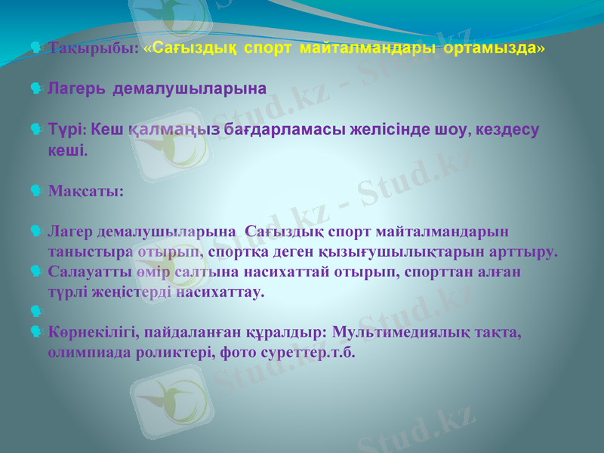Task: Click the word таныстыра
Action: pyautogui.click(x=87, y=251)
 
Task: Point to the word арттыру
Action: pyautogui.click(x=524, y=251)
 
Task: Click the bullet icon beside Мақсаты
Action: pyautogui.click(x=36, y=190)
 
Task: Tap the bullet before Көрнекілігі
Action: pyautogui.click(x=36, y=331)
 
